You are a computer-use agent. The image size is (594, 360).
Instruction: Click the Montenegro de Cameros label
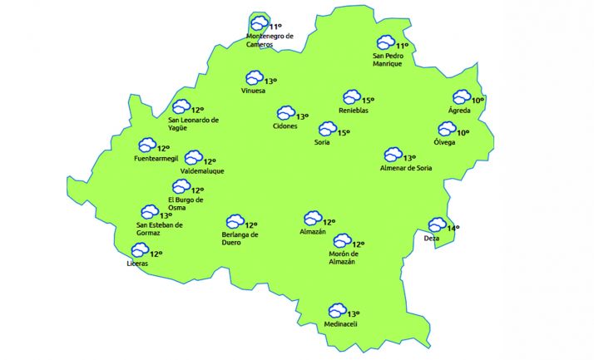click(x=270, y=40)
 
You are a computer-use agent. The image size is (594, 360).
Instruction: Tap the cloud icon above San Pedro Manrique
click(x=385, y=42)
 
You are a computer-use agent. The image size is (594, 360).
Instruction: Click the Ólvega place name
click(x=444, y=142)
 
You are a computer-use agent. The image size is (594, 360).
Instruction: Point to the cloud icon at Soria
click(x=327, y=130)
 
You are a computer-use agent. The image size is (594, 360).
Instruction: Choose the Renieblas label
click(x=354, y=111)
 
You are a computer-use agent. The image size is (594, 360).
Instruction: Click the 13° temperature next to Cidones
click(x=303, y=116)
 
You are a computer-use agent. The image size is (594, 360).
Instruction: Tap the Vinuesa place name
click(x=253, y=91)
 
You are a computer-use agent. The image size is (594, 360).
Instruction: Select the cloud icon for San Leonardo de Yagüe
click(x=181, y=106)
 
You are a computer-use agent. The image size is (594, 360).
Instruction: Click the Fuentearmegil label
click(x=156, y=158)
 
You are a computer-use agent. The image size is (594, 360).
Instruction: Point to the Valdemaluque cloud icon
click(x=193, y=158)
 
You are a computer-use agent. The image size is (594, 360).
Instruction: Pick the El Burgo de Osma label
click(x=186, y=204)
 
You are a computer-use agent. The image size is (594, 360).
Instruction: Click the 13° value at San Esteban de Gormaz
click(x=166, y=215)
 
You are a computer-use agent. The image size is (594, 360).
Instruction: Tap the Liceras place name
click(x=137, y=264)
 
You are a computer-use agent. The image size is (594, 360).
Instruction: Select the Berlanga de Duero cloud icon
click(x=235, y=222)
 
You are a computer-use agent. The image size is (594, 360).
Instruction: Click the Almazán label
click(x=312, y=232)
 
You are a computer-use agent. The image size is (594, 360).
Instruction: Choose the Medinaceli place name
click(x=341, y=324)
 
